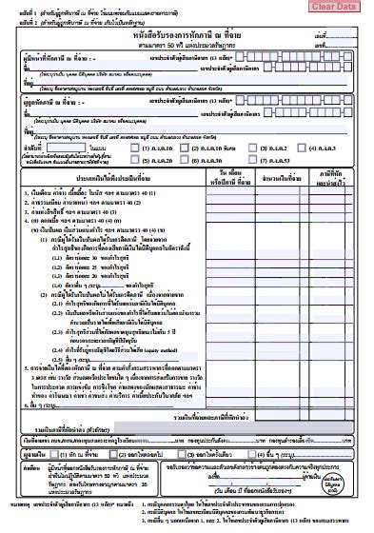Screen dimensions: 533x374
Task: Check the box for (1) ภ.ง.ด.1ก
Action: (x=134, y=148)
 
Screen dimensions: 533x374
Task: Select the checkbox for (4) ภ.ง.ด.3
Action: (x=302, y=148)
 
